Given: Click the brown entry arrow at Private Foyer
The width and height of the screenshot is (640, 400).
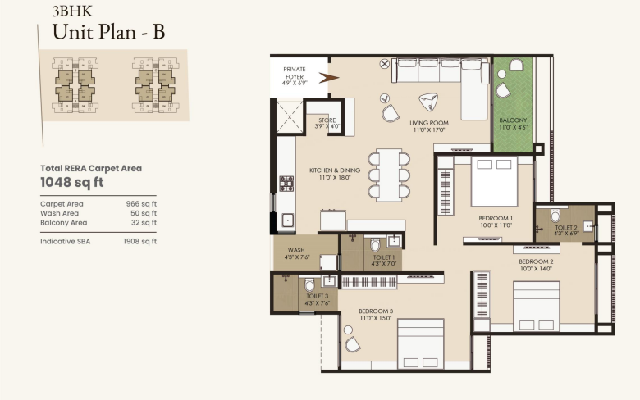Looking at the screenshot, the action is pyautogui.click(x=328, y=78).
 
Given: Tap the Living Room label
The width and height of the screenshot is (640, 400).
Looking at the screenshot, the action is pyautogui.click(x=429, y=123).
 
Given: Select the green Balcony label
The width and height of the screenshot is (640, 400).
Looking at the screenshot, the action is pyautogui.click(x=513, y=120).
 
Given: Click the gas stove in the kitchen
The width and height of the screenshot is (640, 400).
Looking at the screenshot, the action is pyautogui.click(x=286, y=184).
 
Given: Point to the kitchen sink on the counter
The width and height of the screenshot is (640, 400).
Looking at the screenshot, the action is pyautogui.click(x=287, y=220).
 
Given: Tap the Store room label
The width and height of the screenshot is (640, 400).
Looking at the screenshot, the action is pyautogui.click(x=327, y=120).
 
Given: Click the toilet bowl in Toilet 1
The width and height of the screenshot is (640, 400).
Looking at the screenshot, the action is pyautogui.click(x=375, y=245).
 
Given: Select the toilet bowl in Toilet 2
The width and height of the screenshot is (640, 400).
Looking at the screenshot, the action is pyautogui.click(x=555, y=215).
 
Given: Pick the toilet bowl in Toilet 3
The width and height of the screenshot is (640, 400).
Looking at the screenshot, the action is pyautogui.click(x=309, y=284).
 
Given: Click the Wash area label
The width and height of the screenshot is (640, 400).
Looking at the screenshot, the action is pyautogui.click(x=296, y=250).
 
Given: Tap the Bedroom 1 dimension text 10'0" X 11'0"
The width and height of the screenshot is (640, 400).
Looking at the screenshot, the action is pyautogui.click(x=496, y=225).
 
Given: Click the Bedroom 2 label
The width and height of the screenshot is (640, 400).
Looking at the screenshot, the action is pyautogui.click(x=536, y=261).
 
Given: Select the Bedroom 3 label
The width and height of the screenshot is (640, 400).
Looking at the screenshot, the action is pyautogui.click(x=376, y=311).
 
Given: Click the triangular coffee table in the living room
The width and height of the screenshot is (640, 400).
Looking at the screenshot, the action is pyautogui.click(x=428, y=102).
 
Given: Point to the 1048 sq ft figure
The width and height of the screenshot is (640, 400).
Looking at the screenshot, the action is pyautogui.click(x=72, y=182).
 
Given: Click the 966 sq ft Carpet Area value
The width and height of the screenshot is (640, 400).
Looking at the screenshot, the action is pyautogui.click(x=141, y=204).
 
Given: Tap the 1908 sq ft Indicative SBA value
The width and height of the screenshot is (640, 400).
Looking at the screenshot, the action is pyautogui.click(x=140, y=241).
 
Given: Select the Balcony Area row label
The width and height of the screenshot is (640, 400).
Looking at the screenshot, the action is pyautogui.click(x=64, y=223).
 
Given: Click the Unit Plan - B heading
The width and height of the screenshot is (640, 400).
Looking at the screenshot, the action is pyautogui.click(x=108, y=32).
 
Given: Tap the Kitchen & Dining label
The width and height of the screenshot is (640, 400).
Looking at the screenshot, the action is pyautogui.click(x=335, y=170).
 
